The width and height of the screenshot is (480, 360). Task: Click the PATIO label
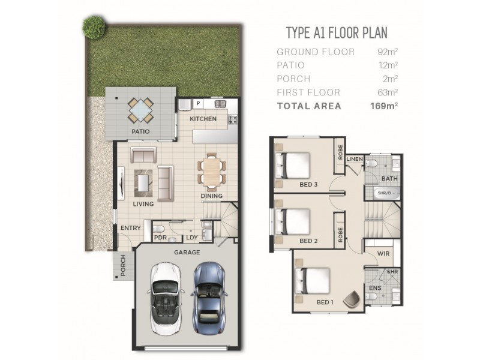click(140, 131)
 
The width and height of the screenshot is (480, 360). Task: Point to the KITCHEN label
click(203, 119)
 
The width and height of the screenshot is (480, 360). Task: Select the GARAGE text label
click(187, 253)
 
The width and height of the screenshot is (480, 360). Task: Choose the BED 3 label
click(308, 184)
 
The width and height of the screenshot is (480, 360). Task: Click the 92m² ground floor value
click(386, 52)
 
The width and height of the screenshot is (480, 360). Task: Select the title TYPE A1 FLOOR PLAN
click(337, 32)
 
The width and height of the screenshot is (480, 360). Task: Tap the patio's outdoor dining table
click(140, 110)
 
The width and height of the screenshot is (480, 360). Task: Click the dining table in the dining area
click(211, 171)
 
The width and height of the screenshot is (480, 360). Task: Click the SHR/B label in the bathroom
click(383, 193)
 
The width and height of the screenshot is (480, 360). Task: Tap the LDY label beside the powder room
click(191, 237)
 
